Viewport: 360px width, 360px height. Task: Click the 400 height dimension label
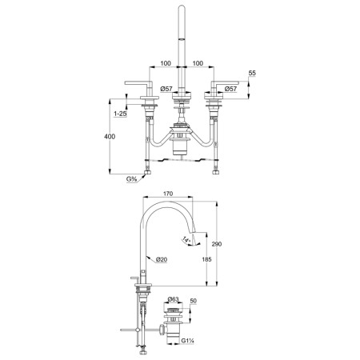[x=110, y=137]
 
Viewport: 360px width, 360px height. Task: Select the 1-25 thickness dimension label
[x=120, y=114]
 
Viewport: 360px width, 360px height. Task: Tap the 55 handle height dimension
[x=252, y=73]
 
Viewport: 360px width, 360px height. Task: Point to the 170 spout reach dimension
[x=168, y=194]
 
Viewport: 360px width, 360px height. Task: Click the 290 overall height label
[x=217, y=244]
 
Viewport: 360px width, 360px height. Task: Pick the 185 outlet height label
[x=206, y=259]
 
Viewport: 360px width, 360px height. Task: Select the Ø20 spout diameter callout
[x=162, y=259]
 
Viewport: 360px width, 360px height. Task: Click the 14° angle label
[x=187, y=240]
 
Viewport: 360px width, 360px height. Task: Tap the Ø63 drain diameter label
[x=174, y=299]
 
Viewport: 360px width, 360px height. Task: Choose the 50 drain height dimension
[x=194, y=301]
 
